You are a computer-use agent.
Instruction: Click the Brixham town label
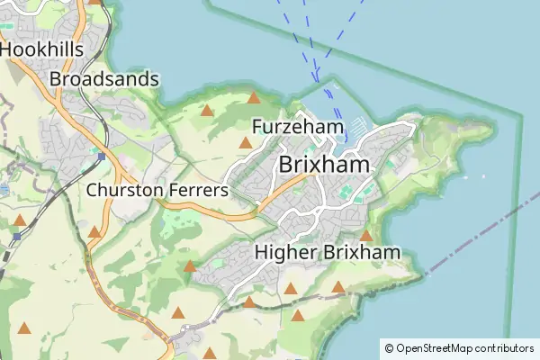pos(325,165)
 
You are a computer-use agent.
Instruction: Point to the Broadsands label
pos(104,79)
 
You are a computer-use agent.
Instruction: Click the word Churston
pos(123,191)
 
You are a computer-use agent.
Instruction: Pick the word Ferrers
pos(198,191)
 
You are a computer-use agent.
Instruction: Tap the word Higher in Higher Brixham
pos(283,253)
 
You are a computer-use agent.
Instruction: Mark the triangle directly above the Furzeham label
pos(255,97)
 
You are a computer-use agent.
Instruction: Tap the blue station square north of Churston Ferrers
pos(102,156)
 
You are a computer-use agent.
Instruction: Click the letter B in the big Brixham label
pos(287,165)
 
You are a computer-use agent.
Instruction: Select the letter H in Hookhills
pos(7,49)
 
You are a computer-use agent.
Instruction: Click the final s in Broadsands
pos(155,79)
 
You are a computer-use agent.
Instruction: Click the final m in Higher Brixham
pos(391,253)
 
